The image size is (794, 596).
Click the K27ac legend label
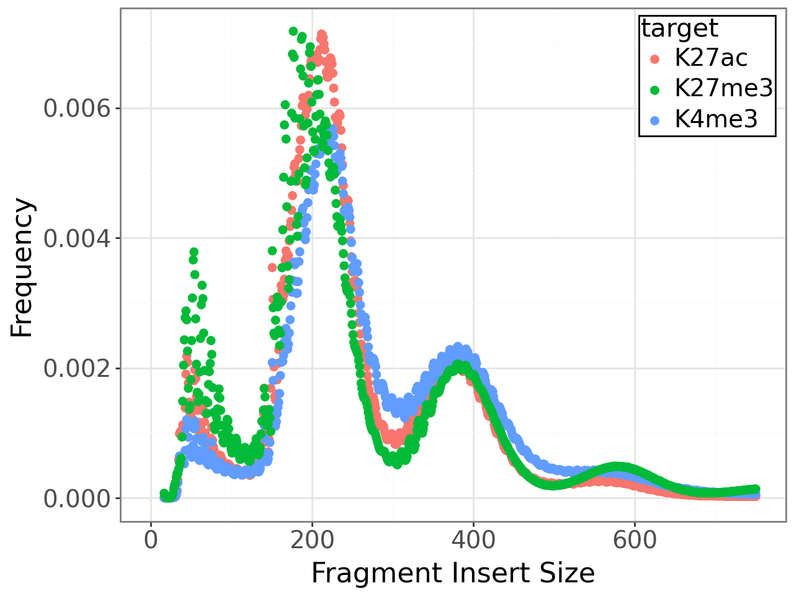711,58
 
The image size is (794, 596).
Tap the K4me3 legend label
716,119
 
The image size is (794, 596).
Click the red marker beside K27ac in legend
654,59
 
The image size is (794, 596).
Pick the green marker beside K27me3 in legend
654,89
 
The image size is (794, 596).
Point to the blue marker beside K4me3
654,119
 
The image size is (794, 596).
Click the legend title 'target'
679,29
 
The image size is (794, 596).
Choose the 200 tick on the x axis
312,540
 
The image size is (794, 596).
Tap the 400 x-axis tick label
473,540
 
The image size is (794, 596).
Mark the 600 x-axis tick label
634,540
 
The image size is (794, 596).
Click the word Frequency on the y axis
22,268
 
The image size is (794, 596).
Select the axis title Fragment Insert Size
453,573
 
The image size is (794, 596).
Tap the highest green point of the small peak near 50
194,252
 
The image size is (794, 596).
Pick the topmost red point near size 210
321,34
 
